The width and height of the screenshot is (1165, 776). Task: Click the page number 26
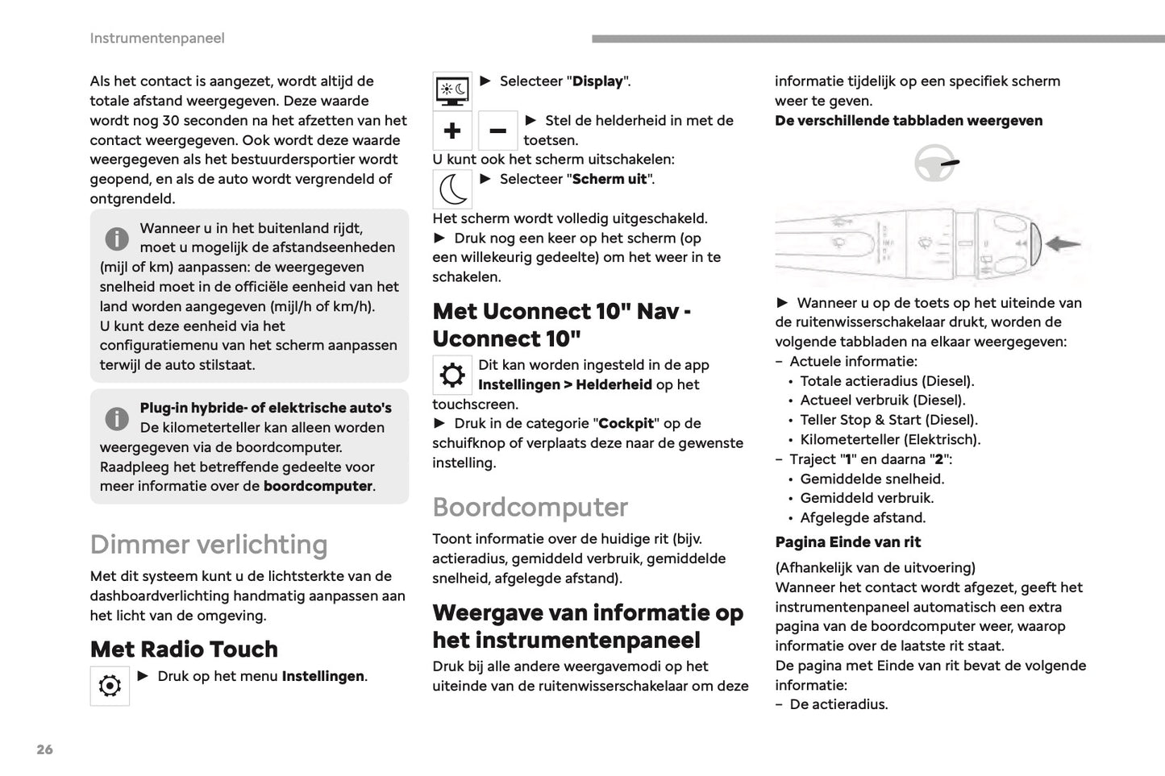coord(44,749)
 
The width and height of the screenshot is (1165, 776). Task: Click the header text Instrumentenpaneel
coord(157,38)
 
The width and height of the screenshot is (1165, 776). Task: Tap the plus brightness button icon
coord(452,131)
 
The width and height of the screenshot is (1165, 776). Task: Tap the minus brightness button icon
coord(497,131)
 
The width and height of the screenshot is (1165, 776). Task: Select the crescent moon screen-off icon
coord(452,189)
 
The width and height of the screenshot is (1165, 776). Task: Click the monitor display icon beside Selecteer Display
coord(452,90)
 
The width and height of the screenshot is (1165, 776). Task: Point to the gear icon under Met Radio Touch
coord(110,686)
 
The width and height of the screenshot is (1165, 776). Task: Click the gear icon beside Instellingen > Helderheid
coord(452,375)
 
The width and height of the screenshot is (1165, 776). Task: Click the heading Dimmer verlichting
coord(209,545)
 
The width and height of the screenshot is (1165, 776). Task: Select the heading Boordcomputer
coord(530,507)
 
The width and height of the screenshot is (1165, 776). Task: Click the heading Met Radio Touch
coord(184,649)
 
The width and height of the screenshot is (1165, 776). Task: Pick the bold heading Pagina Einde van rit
coord(847,542)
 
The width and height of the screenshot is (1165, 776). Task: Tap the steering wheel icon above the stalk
coord(934,164)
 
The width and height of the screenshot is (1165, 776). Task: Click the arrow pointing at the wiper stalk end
coord(1063,243)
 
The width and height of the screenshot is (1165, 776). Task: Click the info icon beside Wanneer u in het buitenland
coord(117,239)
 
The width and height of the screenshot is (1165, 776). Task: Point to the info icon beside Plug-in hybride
coord(117,418)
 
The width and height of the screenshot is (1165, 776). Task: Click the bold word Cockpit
coord(626,424)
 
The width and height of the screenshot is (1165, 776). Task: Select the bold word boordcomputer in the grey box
coord(318,486)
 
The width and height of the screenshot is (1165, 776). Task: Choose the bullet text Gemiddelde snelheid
coord(872,479)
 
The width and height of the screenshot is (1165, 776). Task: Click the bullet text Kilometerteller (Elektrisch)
coord(890,439)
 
